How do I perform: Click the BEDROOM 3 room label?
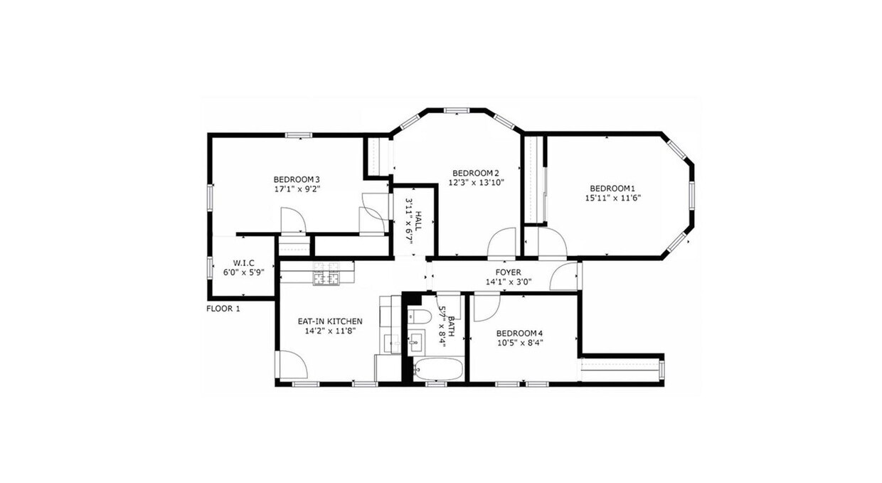[x=297, y=179]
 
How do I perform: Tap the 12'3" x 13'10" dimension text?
[x=475, y=183]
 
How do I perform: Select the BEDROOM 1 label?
[x=612, y=189]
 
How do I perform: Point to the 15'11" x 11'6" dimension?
[x=612, y=198]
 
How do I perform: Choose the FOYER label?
[x=508, y=272]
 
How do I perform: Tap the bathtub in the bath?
[x=438, y=370]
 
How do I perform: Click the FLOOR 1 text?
[x=223, y=309]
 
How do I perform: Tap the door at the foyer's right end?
[x=567, y=276]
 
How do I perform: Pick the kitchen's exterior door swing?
[x=292, y=365]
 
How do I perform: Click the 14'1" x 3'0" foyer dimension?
[x=508, y=282]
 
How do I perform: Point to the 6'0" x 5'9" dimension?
[x=243, y=271]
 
